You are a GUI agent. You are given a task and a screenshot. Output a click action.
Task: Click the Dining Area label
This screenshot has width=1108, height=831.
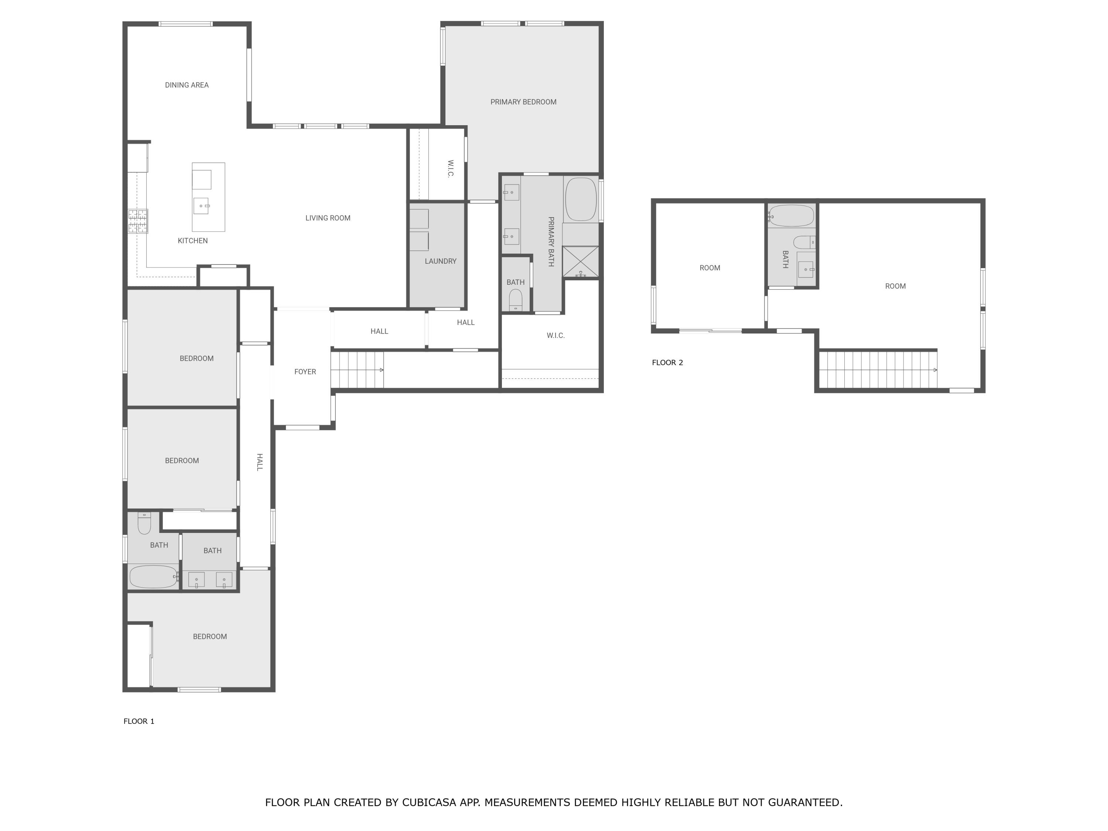click(187, 85)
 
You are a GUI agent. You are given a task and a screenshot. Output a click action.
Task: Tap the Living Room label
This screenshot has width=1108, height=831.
click(328, 218)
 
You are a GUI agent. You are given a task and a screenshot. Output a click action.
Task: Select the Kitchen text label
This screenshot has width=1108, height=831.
click(193, 241)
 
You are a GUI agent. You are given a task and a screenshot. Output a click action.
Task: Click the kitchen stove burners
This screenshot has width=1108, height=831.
click(138, 221)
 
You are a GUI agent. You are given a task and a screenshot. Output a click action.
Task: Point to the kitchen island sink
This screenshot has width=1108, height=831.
click(201, 206)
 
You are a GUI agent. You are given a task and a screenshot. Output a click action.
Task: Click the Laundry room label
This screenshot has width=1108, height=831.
click(441, 261)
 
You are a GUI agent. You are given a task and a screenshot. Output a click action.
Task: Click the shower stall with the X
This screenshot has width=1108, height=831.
click(581, 261)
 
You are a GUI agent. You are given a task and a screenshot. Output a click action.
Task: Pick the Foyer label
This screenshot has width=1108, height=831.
click(305, 372)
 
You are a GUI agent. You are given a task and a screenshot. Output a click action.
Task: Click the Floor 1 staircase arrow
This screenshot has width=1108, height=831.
click(357, 370)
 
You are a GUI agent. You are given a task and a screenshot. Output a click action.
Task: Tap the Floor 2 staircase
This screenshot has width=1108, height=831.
click(878, 370)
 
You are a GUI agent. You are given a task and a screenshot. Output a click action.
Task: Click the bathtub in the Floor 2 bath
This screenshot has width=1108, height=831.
click(791, 216)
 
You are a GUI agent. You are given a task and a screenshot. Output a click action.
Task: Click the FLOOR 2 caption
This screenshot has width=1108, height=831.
click(667, 363)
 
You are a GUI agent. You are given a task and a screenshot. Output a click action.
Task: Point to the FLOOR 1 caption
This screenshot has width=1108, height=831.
click(139, 721)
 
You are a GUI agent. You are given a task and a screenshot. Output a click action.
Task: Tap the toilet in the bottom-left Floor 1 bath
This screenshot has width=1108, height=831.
click(144, 523)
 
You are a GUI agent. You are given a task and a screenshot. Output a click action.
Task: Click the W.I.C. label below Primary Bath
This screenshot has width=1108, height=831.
click(555, 336)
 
